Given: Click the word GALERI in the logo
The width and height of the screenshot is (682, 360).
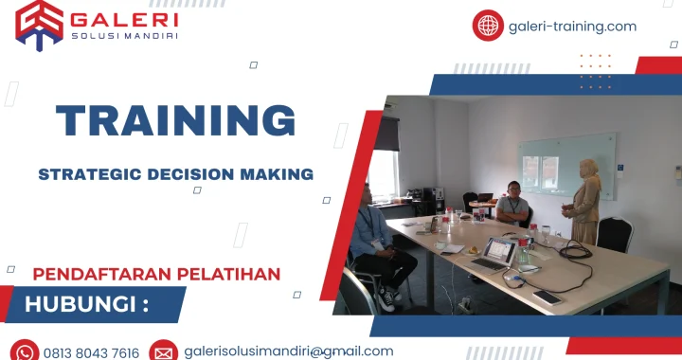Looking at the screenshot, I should (x=124, y=18).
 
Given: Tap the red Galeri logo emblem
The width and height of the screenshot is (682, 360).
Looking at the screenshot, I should (x=39, y=24).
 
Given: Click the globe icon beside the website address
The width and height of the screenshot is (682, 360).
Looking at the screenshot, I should (x=488, y=26).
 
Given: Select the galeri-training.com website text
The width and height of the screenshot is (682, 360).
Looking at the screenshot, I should (x=573, y=27).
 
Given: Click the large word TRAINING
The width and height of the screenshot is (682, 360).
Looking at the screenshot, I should (x=175, y=121).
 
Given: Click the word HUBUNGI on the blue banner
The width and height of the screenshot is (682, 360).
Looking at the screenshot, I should (x=80, y=305).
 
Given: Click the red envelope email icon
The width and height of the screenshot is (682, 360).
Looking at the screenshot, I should (x=163, y=352).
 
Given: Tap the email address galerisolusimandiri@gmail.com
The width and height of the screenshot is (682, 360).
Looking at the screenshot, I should (x=289, y=351).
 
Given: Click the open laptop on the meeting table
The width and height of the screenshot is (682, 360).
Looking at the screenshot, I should (x=495, y=255).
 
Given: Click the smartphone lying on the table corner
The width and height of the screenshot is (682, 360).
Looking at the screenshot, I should (x=547, y=297).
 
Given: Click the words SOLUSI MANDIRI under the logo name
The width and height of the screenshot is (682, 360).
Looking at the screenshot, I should (x=124, y=36).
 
